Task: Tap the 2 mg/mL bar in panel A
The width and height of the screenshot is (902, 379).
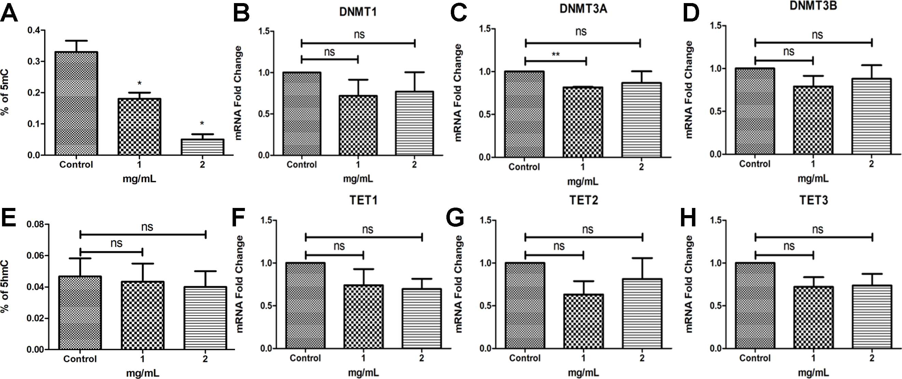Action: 203,147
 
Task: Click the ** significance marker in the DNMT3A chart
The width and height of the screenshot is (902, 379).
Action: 555,55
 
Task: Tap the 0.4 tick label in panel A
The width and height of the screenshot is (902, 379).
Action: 33,30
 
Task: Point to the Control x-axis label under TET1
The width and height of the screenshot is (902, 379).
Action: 305,358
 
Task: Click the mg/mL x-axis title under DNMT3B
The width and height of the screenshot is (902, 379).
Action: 813,179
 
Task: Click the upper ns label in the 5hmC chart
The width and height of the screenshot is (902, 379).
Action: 147,227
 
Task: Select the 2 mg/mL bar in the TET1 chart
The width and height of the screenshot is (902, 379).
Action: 422,319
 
